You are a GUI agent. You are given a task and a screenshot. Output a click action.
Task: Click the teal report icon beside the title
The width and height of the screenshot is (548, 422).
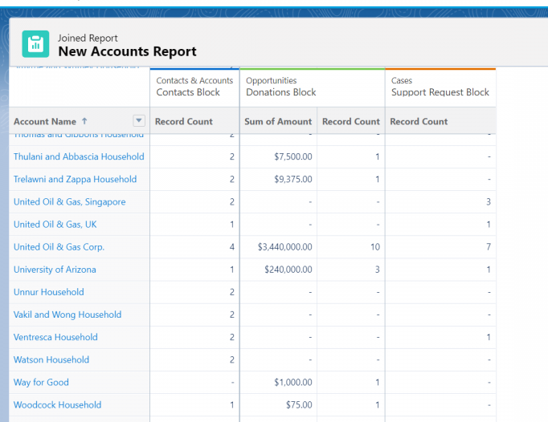[35, 45]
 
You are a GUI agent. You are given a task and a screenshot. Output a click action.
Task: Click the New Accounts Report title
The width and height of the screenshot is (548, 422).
[127, 51]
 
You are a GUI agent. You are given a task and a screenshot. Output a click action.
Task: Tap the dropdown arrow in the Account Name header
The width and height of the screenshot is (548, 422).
[139, 121]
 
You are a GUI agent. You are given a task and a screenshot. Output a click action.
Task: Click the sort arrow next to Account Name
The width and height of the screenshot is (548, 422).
[84, 121]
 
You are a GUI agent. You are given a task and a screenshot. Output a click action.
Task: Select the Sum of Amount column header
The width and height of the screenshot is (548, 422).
[278, 122]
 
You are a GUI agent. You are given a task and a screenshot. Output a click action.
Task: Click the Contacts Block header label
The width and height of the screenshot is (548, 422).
[188, 92]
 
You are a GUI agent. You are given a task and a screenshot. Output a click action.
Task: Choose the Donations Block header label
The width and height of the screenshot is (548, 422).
[281, 92]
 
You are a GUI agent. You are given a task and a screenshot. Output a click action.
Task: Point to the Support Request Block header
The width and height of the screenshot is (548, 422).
[440, 92]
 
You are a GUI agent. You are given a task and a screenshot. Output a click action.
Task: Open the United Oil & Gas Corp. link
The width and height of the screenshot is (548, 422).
[59, 247]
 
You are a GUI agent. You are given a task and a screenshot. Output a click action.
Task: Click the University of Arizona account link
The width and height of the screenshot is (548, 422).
[55, 270]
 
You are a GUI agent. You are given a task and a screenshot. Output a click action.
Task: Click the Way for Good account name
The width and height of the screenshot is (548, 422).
[41, 383]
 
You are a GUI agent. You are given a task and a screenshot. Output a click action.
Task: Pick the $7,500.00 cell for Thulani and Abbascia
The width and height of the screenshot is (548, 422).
[293, 157]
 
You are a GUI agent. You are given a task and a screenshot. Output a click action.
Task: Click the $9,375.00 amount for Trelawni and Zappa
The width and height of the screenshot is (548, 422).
[293, 180]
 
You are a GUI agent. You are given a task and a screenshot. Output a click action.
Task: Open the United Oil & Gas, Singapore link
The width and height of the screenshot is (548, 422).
[69, 202]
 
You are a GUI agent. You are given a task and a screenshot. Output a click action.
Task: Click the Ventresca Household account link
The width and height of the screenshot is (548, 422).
[55, 337]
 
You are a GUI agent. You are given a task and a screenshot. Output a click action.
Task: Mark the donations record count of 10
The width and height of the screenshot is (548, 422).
[375, 247]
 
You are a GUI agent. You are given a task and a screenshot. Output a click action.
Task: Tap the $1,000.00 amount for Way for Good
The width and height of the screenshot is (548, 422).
[293, 383]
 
